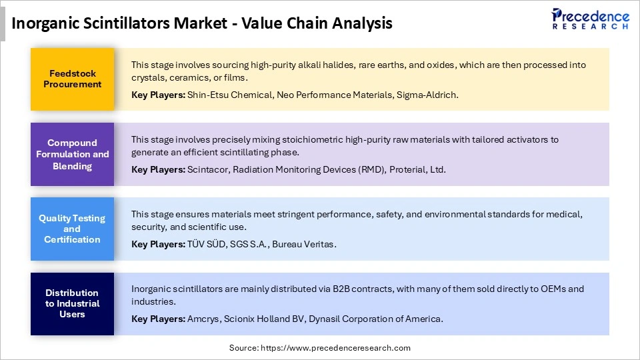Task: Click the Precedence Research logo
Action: click(590, 18)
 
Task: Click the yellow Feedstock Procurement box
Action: click(72, 79)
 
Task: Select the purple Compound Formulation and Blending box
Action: click(72, 153)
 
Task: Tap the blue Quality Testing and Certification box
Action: click(72, 229)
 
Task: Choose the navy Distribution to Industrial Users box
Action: click(72, 303)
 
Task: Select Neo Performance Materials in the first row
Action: click(333, 95)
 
